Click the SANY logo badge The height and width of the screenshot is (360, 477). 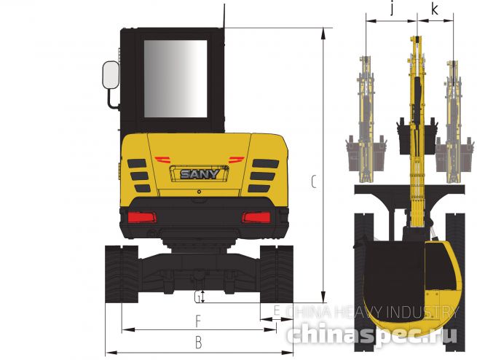pyautogui.click(x=200, y=173)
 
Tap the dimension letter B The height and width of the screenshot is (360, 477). pyautogui.click(x=198, y=343)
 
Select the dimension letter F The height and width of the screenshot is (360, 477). pyautogui.click(x=198, y=321)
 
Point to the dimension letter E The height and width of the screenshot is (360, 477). pyautogui.click(x=277, y=311)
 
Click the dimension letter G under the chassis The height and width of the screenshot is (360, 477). pyautogui.click(x=197, y=297)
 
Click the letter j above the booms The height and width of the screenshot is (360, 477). pyautogui.click(x=393, y=9)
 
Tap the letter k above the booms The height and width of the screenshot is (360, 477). pyautogui.click(x=435, y=9)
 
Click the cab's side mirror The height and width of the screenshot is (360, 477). pyautogui.click(x=111, y=75)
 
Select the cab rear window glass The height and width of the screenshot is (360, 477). pyautogui.click(x=176, y=79)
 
